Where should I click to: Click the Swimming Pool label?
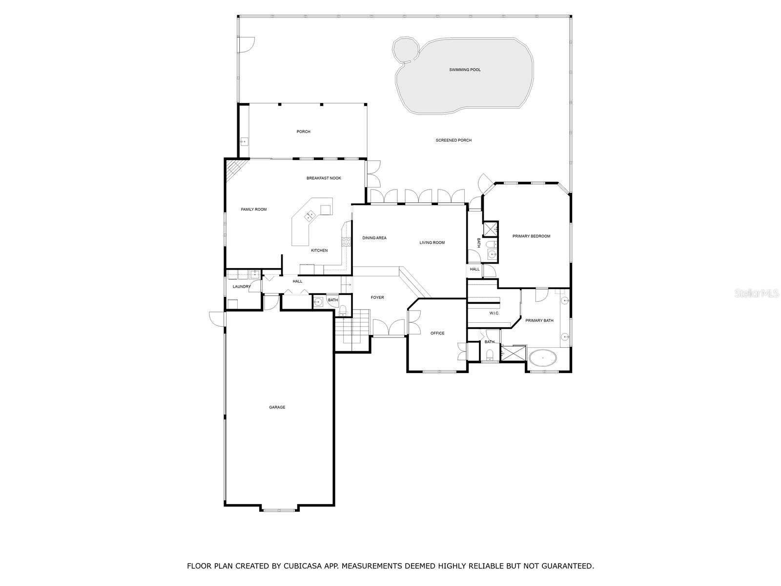[465, 70]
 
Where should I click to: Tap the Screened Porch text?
[453, 140]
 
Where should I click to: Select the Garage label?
[277, 407]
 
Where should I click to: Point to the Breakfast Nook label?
[324, 178]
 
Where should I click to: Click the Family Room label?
[254, 209]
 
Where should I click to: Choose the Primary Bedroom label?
[531, 236]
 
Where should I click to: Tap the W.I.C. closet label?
[494, 313]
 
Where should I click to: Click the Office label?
[437, 333]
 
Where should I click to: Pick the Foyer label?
[377, 297]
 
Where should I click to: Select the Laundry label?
[242, 287]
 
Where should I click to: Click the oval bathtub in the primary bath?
[543, 357]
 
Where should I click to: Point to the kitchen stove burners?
[346, 242]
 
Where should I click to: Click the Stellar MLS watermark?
[756, 293]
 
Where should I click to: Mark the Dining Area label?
[374, 238]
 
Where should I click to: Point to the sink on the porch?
[244, 142]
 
